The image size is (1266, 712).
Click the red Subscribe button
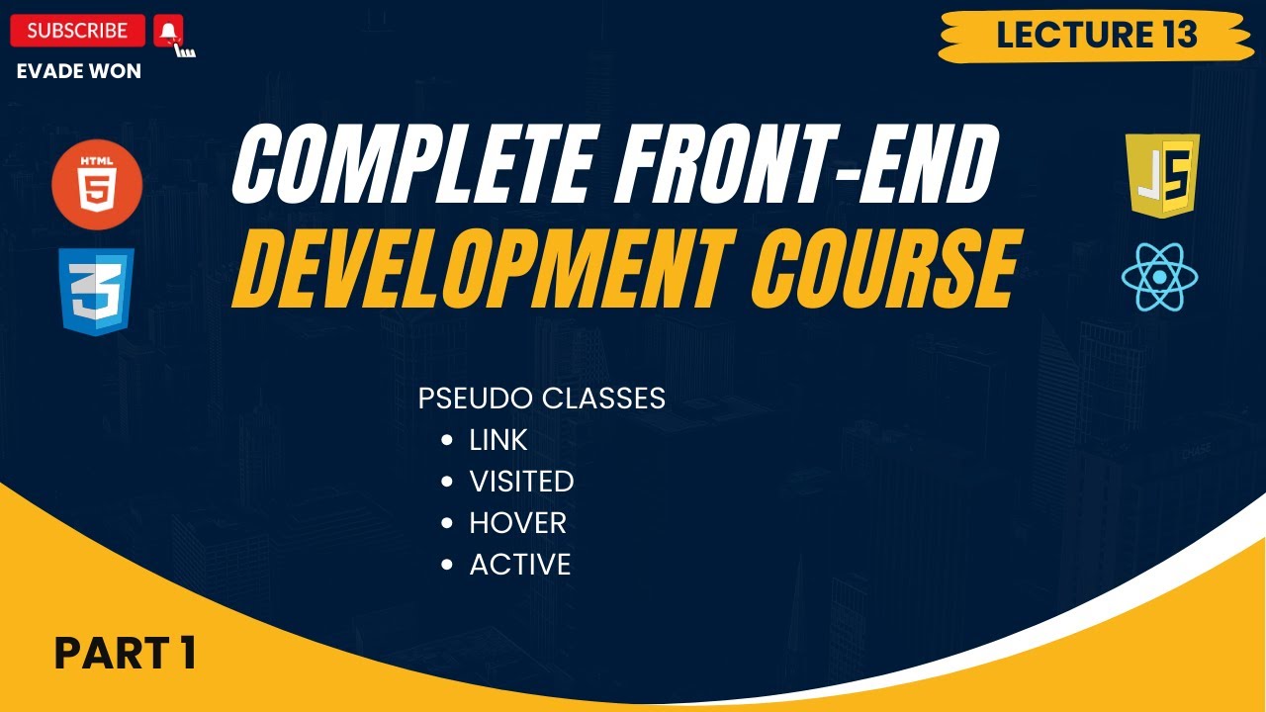click(77, 31)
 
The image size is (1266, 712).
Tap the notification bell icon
click(169, 32)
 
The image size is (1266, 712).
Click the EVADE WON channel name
click(79, 71)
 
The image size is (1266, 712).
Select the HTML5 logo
click(97, 185)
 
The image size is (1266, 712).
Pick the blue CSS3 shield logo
click(97, 292)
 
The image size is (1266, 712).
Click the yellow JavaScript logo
click(1163, 176)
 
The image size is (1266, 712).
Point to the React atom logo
click(1160, 277)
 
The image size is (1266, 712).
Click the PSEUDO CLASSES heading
click(541, 399)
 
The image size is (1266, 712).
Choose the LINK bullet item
click(498, 440)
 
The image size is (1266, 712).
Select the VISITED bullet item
click(521, 482)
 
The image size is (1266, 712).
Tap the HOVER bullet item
click(517, 523)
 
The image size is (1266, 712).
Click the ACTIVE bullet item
click(520, 565)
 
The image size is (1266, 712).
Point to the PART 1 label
click(125, 653)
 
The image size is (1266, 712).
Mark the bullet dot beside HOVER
click(448, 523)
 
